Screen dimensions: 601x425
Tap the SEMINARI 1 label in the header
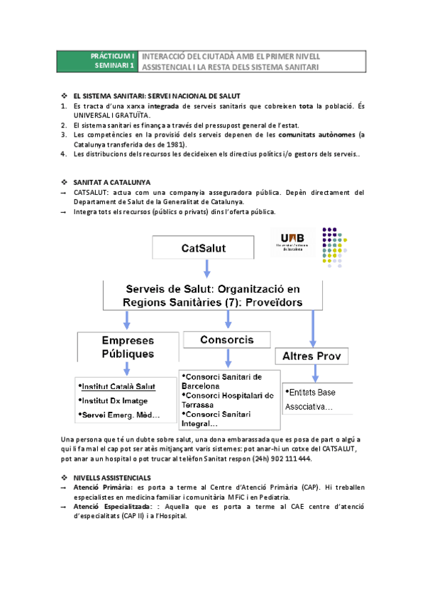click(113, 66)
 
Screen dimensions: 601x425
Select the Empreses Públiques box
click(127, 347)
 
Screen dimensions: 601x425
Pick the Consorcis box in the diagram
click(226, 340)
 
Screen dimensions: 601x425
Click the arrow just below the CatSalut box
click(206, 269)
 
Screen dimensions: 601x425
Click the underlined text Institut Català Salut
click(118, 387)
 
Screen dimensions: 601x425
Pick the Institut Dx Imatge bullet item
click(114, 401)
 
